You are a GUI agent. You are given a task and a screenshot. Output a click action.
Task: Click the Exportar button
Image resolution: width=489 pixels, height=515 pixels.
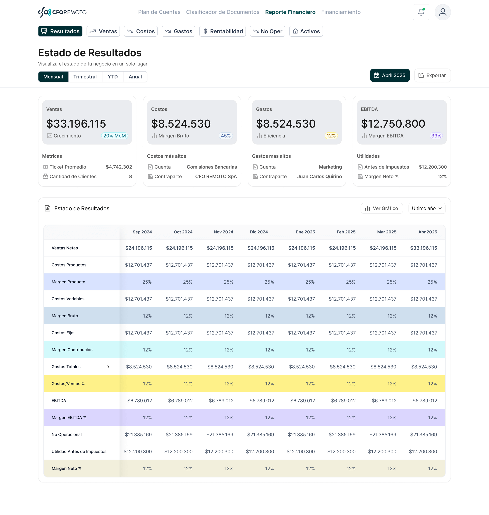[432, 75]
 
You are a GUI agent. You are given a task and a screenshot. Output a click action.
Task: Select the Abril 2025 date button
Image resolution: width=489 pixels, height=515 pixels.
[389, 75]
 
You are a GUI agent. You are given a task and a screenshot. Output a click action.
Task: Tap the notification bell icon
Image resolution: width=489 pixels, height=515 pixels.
[421, 12]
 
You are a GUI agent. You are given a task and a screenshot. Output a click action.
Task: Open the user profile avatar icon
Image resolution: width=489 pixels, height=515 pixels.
[442, 12]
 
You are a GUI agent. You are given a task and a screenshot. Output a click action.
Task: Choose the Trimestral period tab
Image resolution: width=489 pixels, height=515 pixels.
[85, 76]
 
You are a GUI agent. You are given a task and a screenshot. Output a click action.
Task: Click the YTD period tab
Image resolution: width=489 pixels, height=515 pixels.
[112, 76]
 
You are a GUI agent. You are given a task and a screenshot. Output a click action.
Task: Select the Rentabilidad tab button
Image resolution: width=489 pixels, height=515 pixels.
[222, 31]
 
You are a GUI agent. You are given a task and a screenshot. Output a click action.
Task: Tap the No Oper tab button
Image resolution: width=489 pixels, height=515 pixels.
[267, 31]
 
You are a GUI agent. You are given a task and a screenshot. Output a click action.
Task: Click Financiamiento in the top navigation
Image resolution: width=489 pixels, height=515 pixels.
[341, 12]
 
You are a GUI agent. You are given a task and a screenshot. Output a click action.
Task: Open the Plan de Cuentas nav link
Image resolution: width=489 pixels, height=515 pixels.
[159, 12]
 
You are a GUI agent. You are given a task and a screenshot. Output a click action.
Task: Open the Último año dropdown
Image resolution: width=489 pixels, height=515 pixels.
[427, 208]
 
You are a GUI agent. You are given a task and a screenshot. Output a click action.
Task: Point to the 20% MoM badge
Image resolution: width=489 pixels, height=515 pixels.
[114, 136]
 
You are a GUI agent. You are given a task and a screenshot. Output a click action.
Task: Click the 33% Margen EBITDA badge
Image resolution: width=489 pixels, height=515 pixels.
[436, 136]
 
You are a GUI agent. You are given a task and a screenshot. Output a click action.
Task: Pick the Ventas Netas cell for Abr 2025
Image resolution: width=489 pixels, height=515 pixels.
[423, 248]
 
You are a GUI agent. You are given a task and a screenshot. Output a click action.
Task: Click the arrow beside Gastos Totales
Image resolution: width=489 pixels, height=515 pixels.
[108, 367]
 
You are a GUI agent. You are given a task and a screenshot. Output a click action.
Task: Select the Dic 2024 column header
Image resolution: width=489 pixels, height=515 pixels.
[259, 232]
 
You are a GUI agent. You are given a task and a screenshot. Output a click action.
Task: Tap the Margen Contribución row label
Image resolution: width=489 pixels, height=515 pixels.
[72, 350]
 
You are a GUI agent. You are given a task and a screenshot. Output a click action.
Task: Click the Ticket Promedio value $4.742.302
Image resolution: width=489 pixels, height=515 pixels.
[119, 167]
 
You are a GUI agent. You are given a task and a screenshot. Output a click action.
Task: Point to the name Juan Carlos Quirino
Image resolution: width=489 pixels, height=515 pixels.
[319, 176]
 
